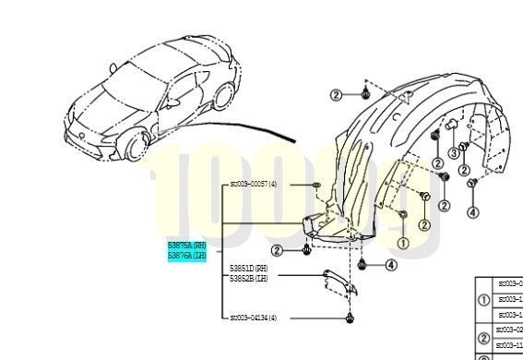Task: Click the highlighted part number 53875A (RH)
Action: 187,245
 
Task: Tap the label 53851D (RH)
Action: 248,268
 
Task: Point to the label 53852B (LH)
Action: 248,277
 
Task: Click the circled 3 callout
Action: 453,153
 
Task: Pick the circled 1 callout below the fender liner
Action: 402,242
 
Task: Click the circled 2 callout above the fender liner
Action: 336,95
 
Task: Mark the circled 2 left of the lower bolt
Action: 277,249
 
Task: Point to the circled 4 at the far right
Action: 473,212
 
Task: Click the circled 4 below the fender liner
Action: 391,266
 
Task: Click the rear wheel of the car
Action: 223,96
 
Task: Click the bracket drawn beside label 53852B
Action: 337,280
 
